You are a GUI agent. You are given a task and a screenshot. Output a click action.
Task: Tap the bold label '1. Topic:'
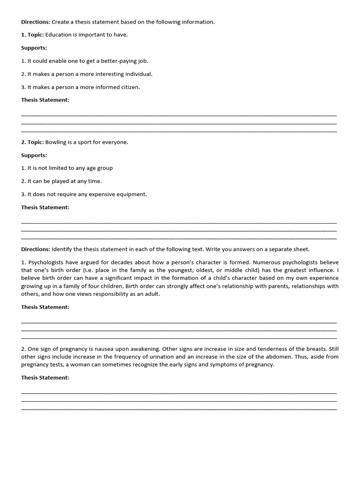pos(32,35)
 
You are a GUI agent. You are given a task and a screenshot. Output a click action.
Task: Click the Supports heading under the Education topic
pos(34,48)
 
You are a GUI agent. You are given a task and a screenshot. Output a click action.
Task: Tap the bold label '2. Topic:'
pos(32,142)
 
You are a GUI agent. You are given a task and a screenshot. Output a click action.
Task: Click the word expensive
pos(101,194)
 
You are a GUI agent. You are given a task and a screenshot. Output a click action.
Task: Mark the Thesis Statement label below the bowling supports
pos(45,207)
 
